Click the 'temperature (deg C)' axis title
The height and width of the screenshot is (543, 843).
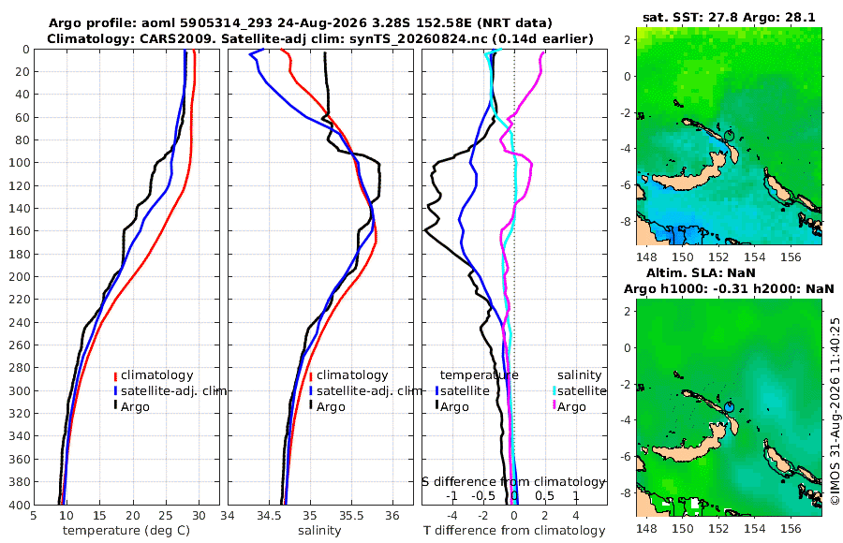click(x=126, y=531)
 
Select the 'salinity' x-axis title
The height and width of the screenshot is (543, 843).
click(x=319, y=531)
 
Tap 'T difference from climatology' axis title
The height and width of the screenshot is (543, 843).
click(x=514, y=531)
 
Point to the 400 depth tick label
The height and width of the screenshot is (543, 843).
click(x=19, y=506)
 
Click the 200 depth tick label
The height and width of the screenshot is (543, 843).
click(x=19, y=277)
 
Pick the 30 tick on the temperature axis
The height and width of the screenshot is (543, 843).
click(x=199, y=516)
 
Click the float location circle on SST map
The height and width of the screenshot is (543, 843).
click(x=729, y=135)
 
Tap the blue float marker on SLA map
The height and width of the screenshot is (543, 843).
click(x=729, y=406)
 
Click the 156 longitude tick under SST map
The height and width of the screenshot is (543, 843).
click(x=791, y=257)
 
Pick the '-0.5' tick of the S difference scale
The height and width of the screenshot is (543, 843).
click(x=483, y=495)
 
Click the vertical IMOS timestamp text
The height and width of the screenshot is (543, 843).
click(x=835, y=410)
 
